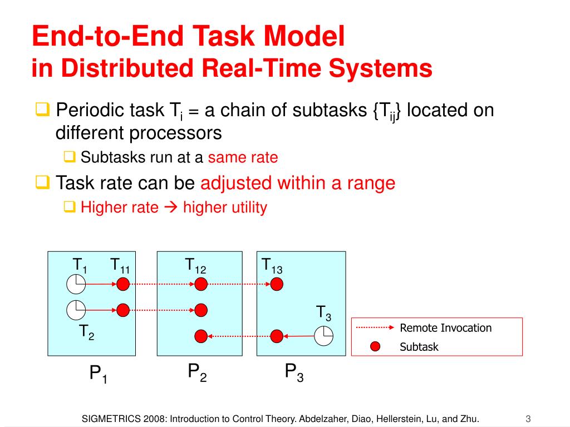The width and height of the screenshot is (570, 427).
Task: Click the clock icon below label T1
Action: (x=76, y=285)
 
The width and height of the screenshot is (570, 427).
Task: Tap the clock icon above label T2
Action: (x=76, y=310)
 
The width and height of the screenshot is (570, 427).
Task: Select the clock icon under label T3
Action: (x=323, y=335)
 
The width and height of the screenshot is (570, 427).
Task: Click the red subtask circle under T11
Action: (x=123, y=285)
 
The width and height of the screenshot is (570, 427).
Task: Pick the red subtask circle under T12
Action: (x=201, y=285)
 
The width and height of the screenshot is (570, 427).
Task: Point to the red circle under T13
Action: (x=277, y=285)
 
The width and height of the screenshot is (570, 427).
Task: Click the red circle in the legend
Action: (x=375, y=347)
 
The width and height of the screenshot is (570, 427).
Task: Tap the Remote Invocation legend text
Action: (x=445, y=327)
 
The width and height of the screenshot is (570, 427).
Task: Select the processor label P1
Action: (x=99, y=374)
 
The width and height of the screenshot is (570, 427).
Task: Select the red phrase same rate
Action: (x=243, y=157)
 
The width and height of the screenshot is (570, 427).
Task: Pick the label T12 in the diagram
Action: (x=196, y=265)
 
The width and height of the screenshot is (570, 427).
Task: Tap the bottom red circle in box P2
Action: (x=201, y=335)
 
